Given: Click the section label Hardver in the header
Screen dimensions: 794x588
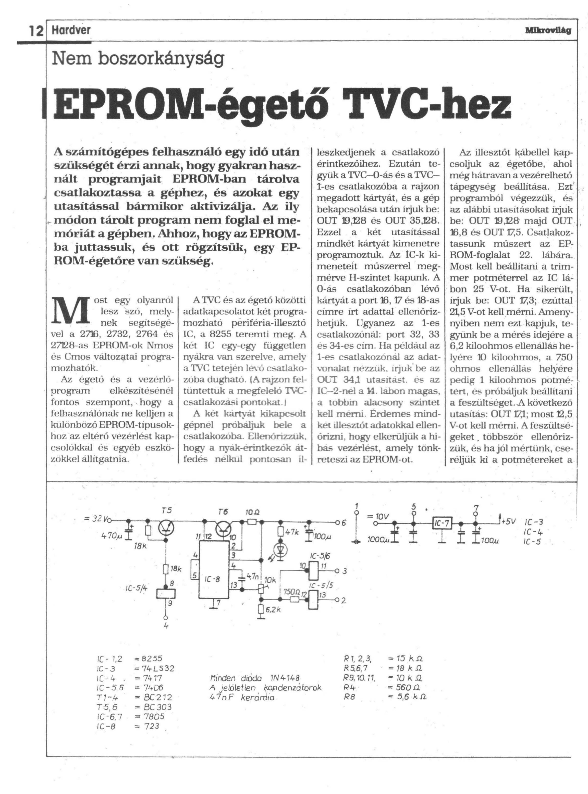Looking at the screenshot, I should coord(71,31).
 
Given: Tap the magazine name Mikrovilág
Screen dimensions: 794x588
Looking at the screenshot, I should coord(548,31).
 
